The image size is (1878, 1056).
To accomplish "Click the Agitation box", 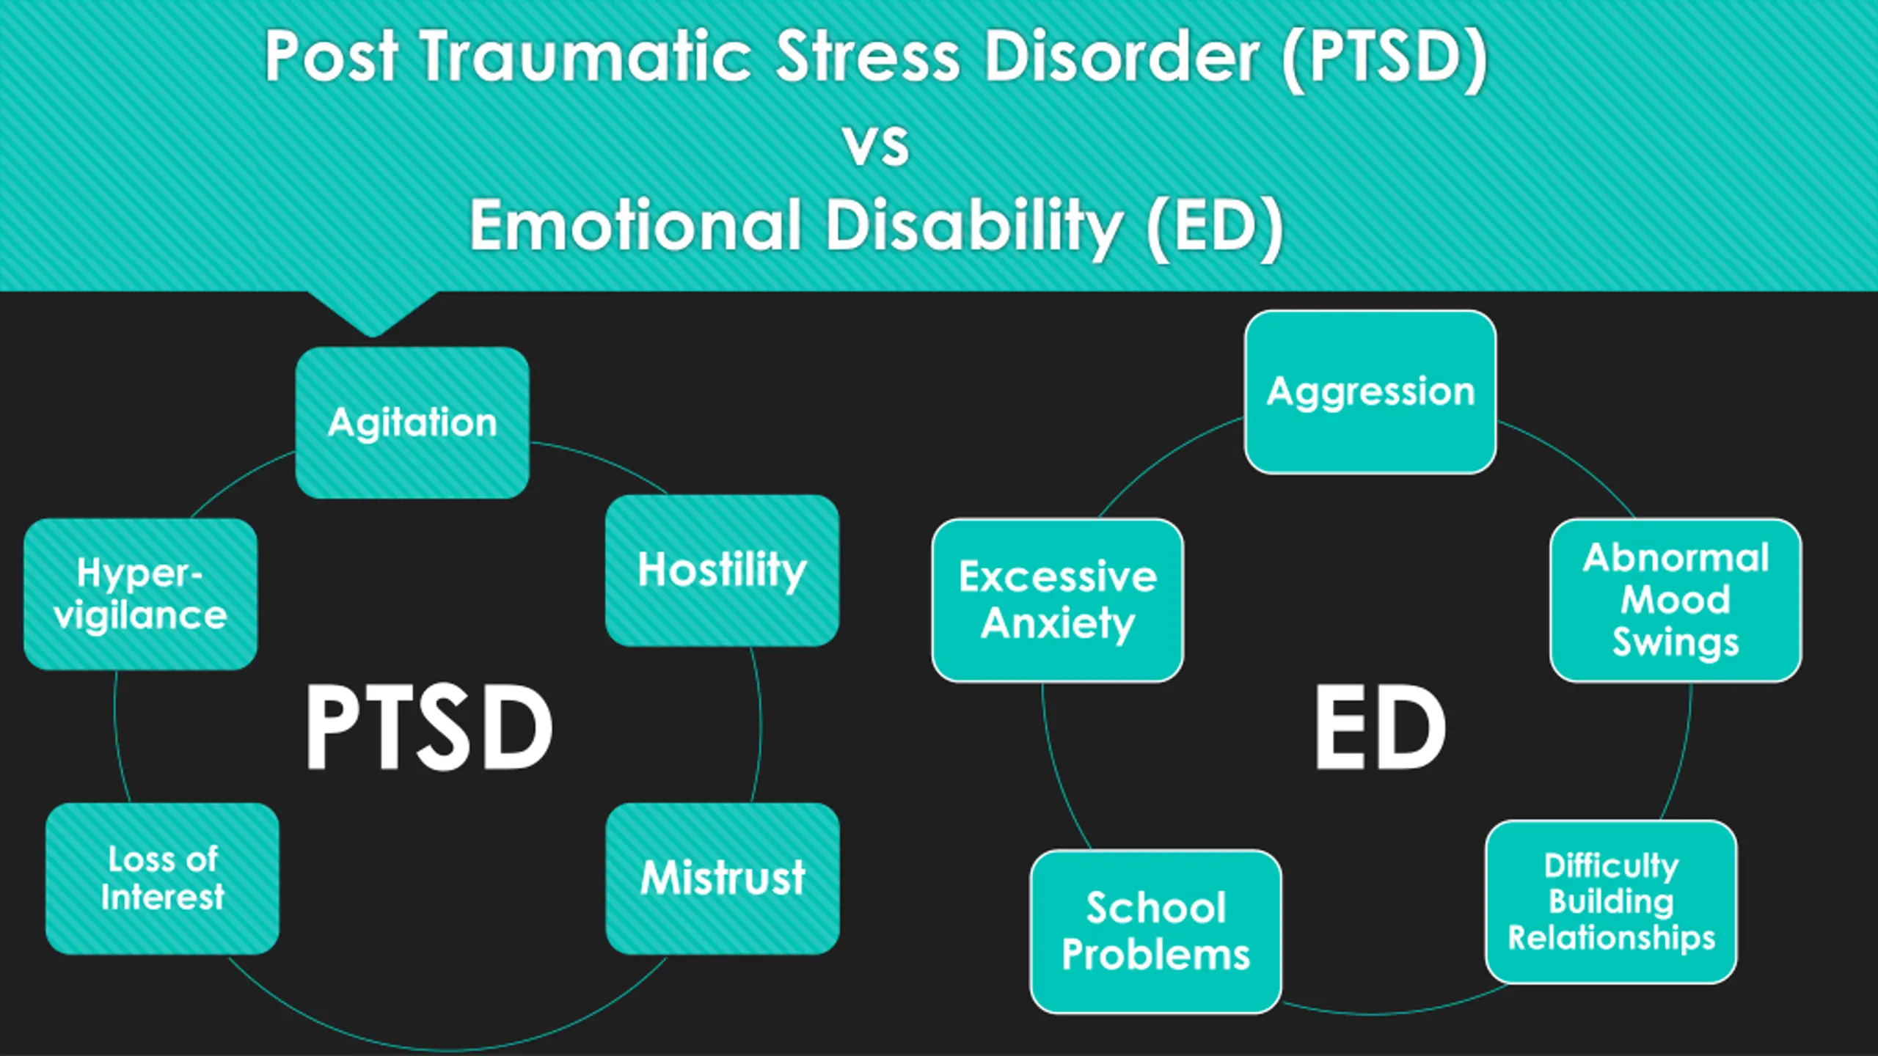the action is (412, 422).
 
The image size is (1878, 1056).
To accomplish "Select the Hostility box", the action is (722, 571).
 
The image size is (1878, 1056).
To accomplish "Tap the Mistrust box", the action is (723, 878).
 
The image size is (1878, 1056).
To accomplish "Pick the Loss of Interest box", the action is (162, 878).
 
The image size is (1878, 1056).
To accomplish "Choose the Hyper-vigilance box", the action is (140, 593).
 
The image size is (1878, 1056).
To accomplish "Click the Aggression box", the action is (1370, 392).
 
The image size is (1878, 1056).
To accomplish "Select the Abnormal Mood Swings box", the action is (1676, 600).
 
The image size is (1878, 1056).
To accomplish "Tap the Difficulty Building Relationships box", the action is (1611, 901).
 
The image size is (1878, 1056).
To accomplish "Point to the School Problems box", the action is (1155, 931).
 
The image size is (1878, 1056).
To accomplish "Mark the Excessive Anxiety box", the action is (1057, 600).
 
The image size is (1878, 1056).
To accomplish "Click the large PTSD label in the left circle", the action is (429, 727).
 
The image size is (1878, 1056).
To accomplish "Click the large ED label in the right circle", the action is (1379, 727).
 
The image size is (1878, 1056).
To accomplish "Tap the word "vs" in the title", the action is (877, 144).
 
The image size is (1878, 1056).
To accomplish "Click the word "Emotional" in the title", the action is (635, 225).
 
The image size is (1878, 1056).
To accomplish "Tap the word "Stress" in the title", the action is (868, 57).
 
